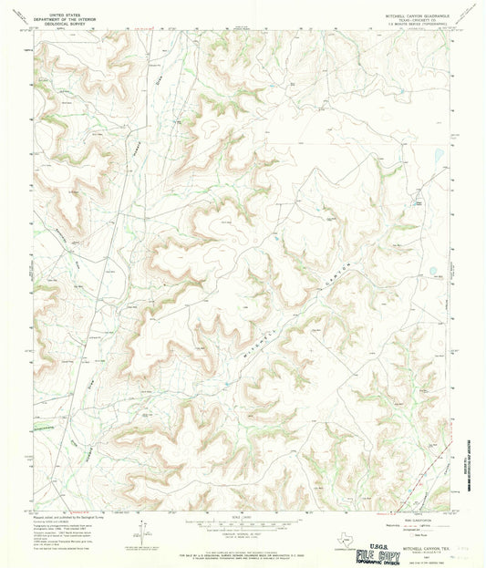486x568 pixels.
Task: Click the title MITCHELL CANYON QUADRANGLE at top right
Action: tap(412, 16)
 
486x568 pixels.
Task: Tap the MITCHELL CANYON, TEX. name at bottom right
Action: tap(415, 536)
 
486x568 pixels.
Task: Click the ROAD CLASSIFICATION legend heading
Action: tap(415, 516)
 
